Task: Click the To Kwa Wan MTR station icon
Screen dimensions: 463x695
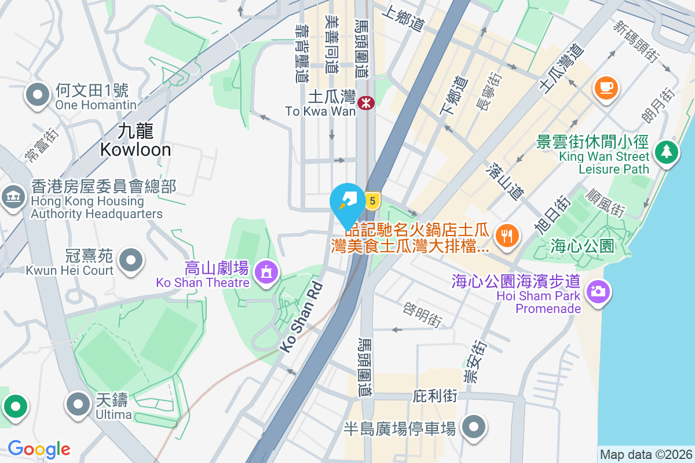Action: pos(366,103)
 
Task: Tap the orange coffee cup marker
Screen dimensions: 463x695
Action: pos(606,87)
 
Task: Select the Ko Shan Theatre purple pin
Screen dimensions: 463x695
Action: pos(266,271)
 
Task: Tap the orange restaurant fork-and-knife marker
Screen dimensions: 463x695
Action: pos(508,235)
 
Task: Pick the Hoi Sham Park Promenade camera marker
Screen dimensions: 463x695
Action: pos(597,290)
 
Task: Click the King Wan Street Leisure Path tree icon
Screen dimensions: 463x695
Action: pos(667,152)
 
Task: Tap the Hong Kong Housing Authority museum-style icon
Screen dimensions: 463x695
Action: pos(13,197)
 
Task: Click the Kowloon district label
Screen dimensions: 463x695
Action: pos(135,141)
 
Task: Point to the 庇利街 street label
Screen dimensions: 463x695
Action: pos(435,396)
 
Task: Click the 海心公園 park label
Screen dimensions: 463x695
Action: pos(581,246)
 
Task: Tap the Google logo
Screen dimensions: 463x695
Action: pos(39,449)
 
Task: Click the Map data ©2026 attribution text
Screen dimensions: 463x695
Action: pos(645,455)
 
